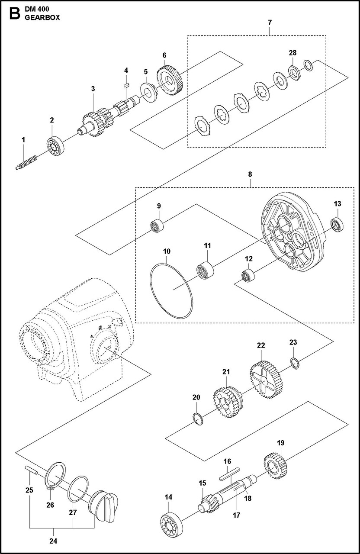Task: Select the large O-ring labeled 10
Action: [172, 288]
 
